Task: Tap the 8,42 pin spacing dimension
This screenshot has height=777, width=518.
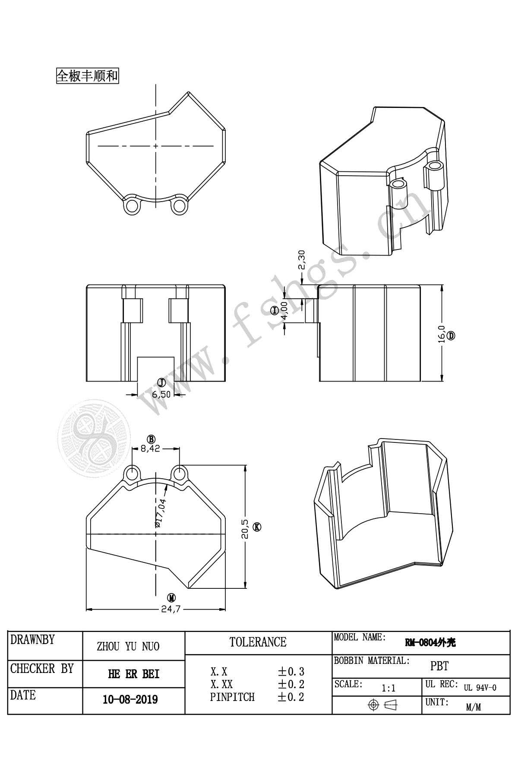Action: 150,449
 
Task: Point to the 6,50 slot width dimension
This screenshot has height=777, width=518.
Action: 161,394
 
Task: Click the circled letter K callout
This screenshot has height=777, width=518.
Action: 257,527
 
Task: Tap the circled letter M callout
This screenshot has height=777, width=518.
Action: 172,598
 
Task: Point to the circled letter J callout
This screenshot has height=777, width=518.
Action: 161,382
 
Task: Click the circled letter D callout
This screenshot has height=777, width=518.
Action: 451,335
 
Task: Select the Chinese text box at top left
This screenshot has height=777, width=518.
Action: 88,76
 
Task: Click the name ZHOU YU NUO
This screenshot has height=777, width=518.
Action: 128,646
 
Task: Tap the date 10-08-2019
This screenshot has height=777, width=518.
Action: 130,699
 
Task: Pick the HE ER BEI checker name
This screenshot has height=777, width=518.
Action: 134,674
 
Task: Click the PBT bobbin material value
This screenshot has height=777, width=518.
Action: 439,666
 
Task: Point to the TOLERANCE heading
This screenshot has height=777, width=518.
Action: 258,642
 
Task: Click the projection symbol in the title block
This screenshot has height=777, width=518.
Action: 382,705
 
